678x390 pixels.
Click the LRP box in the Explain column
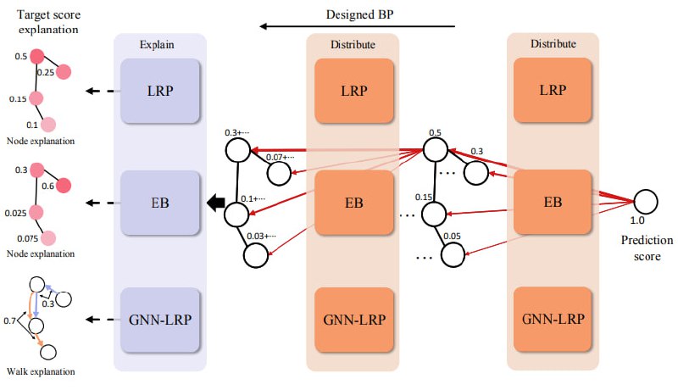[160, 91]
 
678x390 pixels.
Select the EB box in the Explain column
[160, 203]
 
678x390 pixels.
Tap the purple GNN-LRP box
[160, 320]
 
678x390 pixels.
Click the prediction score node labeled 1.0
[646, 202]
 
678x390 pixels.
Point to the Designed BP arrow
[357, 26]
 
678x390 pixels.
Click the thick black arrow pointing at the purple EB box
[216, 203]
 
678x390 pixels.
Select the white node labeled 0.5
[435, 149]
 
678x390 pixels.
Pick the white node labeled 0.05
[453, 254]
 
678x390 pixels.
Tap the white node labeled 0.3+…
[238, 150]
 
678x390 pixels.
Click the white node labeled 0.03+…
[256, 255]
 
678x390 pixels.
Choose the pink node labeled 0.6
[63, 185]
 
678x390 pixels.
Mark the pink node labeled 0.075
[48, 238]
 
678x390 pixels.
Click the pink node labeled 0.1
[48, 125]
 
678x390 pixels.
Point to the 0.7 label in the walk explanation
[9, 320]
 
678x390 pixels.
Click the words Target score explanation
[48, 22]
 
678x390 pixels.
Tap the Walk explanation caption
[41, 372]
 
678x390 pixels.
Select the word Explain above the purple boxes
[157, 45]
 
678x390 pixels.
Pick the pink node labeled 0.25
[63, 72]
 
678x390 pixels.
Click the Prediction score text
[647, 248]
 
